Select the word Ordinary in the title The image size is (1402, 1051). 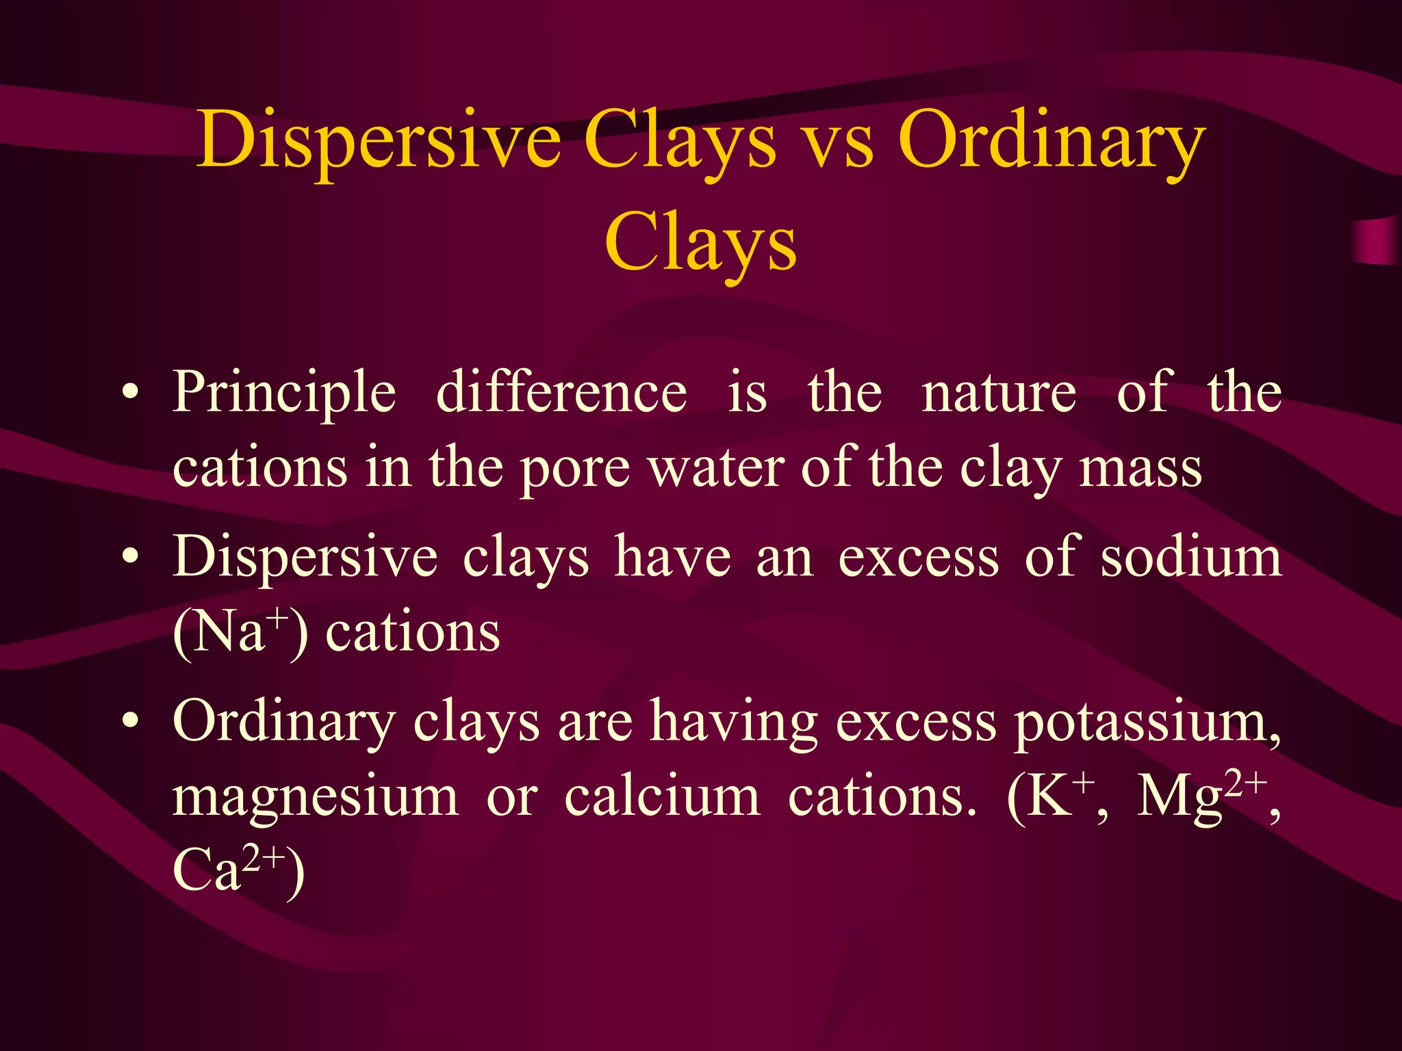click(1051, 140)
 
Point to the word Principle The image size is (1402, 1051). click(284, 393)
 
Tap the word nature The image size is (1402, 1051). click(999, 394)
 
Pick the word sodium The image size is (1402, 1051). click(1191, 557)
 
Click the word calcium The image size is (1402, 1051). click(662, 797)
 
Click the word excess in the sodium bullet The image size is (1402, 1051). click(919, 558)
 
